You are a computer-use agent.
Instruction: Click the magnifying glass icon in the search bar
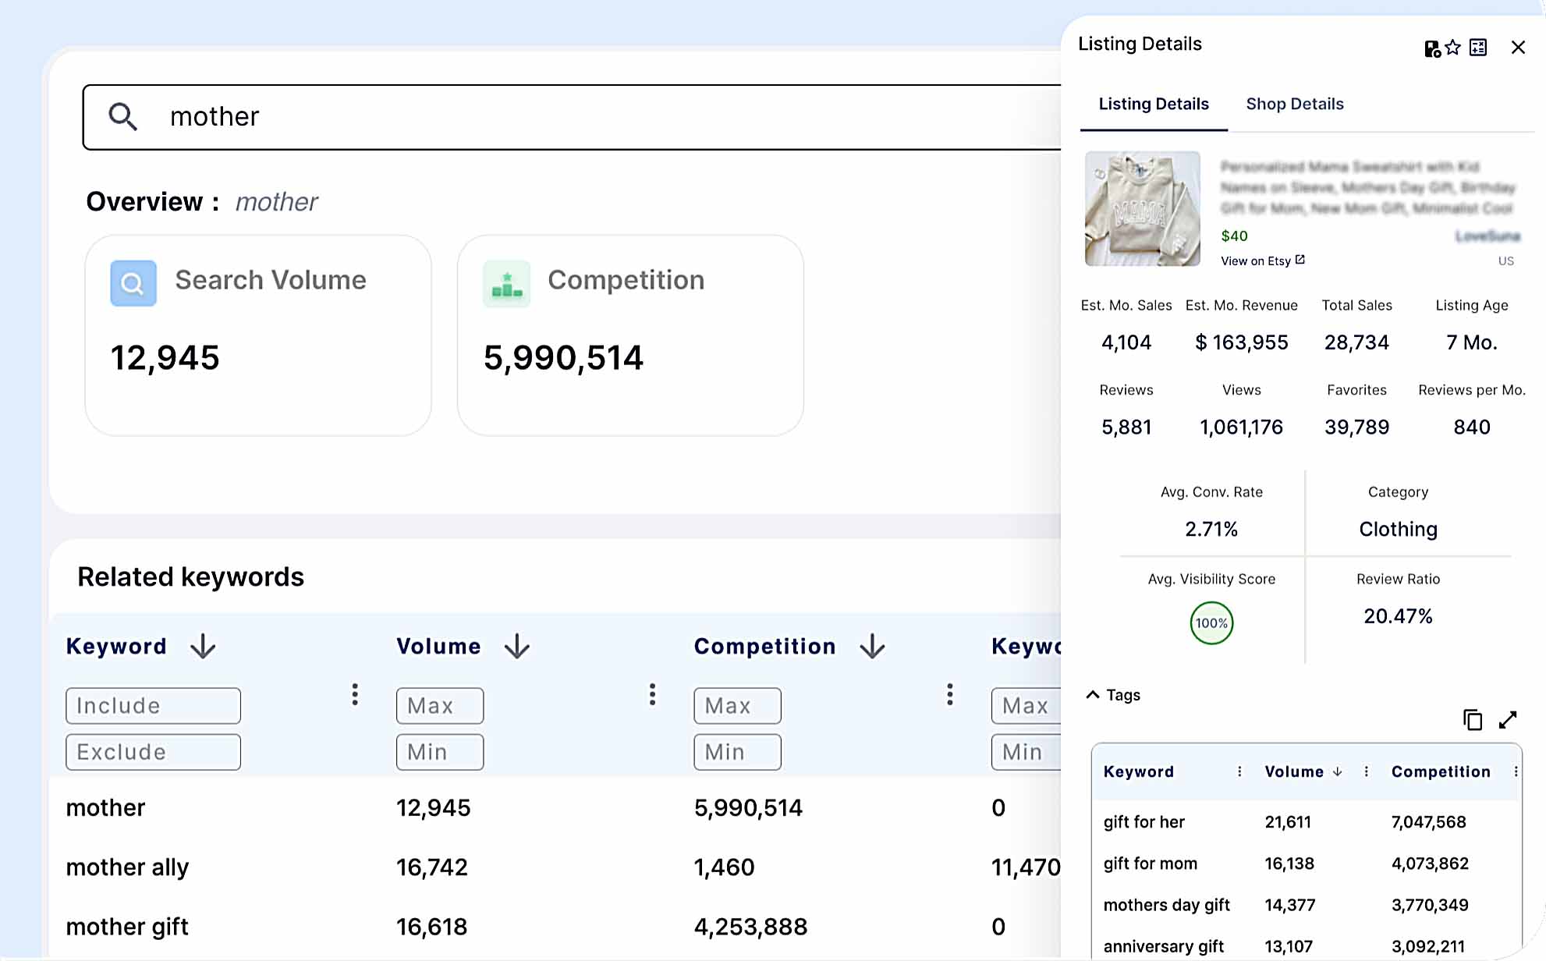(x=123, y=117)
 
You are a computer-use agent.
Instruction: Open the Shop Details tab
(x=1294, y=104)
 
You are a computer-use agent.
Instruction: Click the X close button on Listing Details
(x=1517, y=48)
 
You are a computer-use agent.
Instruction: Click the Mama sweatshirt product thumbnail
(x=1142, y=208)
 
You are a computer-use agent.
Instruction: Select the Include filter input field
(x=153, y=705)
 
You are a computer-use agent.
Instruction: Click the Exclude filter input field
(x=153, y=752)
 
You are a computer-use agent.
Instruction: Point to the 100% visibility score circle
(x=1211, y=623)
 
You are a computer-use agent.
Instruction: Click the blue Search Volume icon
(x=133, y=282)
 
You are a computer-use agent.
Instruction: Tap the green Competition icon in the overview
(x=506, y=284)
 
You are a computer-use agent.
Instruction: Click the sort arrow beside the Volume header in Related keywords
(x=517, y=647)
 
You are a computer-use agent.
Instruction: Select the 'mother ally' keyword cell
(x=127, y=867)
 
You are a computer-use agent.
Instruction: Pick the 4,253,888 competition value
(x=750, y=927)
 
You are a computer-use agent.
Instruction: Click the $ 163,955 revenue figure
(x=1241, y=342)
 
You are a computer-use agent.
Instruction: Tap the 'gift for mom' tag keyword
(x=1150, y=863)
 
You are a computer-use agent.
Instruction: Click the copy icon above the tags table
(x=1472, y=720)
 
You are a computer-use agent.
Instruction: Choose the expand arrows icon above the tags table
(x=1508, y=720)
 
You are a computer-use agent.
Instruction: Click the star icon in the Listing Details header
(x=1452, y=48)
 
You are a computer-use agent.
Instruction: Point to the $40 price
(x=1234, y=236)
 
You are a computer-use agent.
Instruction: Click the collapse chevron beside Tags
(x=1093, y=694)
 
